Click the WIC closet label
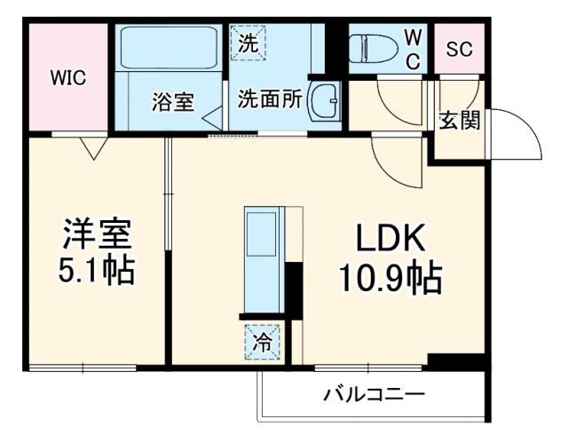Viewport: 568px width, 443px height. click(67, 78)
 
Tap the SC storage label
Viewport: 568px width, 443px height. click(459, 50)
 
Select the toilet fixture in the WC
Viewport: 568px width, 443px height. click(373, 49)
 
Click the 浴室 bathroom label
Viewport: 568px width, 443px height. click(172, 101)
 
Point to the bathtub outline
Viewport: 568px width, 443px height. click(169, 50)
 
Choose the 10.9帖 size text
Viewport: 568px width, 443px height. click(390, 279)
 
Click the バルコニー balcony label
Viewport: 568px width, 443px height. click(374, 393)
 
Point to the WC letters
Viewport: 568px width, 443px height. click(414, 48)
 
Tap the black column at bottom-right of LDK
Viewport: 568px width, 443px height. click(455, 361)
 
